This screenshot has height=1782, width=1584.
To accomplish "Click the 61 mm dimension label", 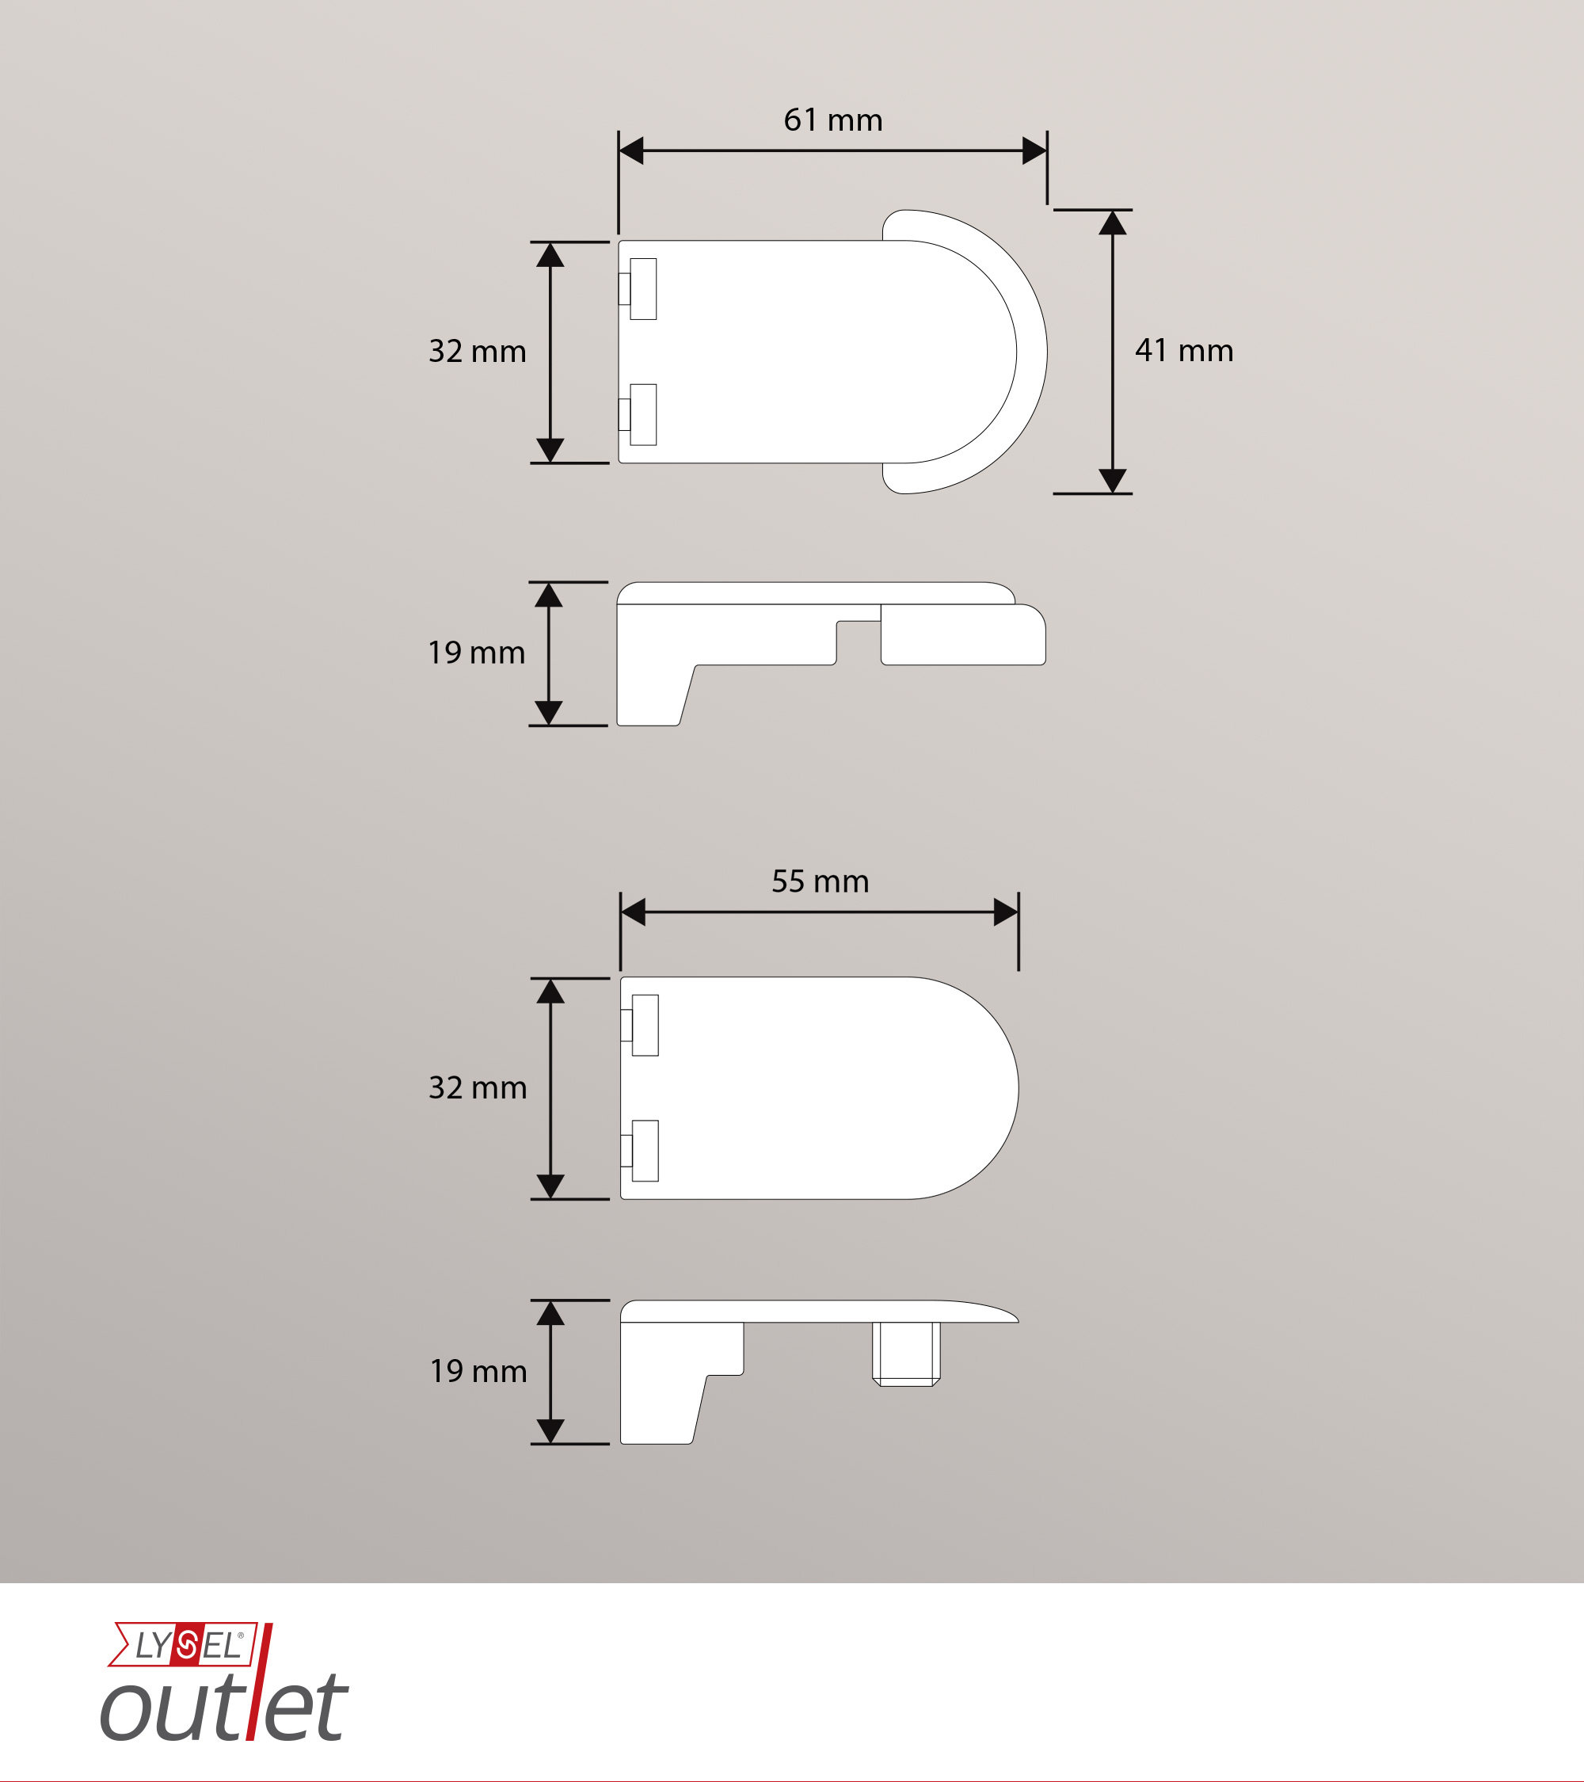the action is click(x=832, y=120).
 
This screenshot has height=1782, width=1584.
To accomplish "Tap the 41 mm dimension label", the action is click(x=1184, y=351).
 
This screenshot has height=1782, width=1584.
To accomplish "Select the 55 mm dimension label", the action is click(x=821, y=881).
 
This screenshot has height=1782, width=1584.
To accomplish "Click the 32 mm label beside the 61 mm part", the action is click(x=477, y=352).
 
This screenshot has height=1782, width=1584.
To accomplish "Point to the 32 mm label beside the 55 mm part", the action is click(x=478, y=1087).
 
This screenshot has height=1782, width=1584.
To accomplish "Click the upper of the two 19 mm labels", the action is click(x=476, y=652).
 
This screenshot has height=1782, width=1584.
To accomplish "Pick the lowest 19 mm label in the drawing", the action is click(x=478, y=1372).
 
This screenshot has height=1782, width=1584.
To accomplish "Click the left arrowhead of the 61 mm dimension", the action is click(x=630, y=150).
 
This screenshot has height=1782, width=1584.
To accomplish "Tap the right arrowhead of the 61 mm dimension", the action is click(x=1035, y=150).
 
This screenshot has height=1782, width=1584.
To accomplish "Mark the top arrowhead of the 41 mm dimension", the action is click(x=1113, y=223).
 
